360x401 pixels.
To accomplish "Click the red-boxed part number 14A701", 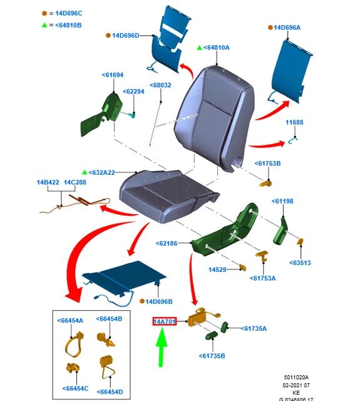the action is [x=164, y=321].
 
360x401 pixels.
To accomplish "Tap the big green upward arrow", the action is [x=161, y=347].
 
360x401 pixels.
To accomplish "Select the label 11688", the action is [x=294, y=122].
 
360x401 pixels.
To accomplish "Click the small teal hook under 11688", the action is [x=293, y=140].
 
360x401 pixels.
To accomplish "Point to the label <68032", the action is [x=160, y=85].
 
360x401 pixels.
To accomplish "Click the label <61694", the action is [x=113, y=75].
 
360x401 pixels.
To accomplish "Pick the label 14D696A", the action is [x=287, y=28].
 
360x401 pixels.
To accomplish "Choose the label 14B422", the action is [x=48, y=182].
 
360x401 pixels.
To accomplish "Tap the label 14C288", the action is [x=75, y=182].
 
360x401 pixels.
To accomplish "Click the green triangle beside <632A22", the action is [x=85, y=172].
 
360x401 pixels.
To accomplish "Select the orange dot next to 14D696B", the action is [x=142, y=301].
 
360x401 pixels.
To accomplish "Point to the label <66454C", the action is [x=75, y=388].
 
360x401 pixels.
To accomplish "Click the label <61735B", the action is [x=212, y=356].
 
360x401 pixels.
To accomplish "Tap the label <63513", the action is [x=300, y=263].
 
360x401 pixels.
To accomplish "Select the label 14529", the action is [x=217, y=270].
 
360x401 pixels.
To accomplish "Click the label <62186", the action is [x=167, y=244].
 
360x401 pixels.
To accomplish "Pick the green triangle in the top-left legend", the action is [x=44, y=25].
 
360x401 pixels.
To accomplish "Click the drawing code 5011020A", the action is [x=296, y=377].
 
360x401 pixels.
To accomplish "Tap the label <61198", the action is [x=282, y=201].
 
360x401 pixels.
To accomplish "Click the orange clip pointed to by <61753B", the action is [x=265, y=184].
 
